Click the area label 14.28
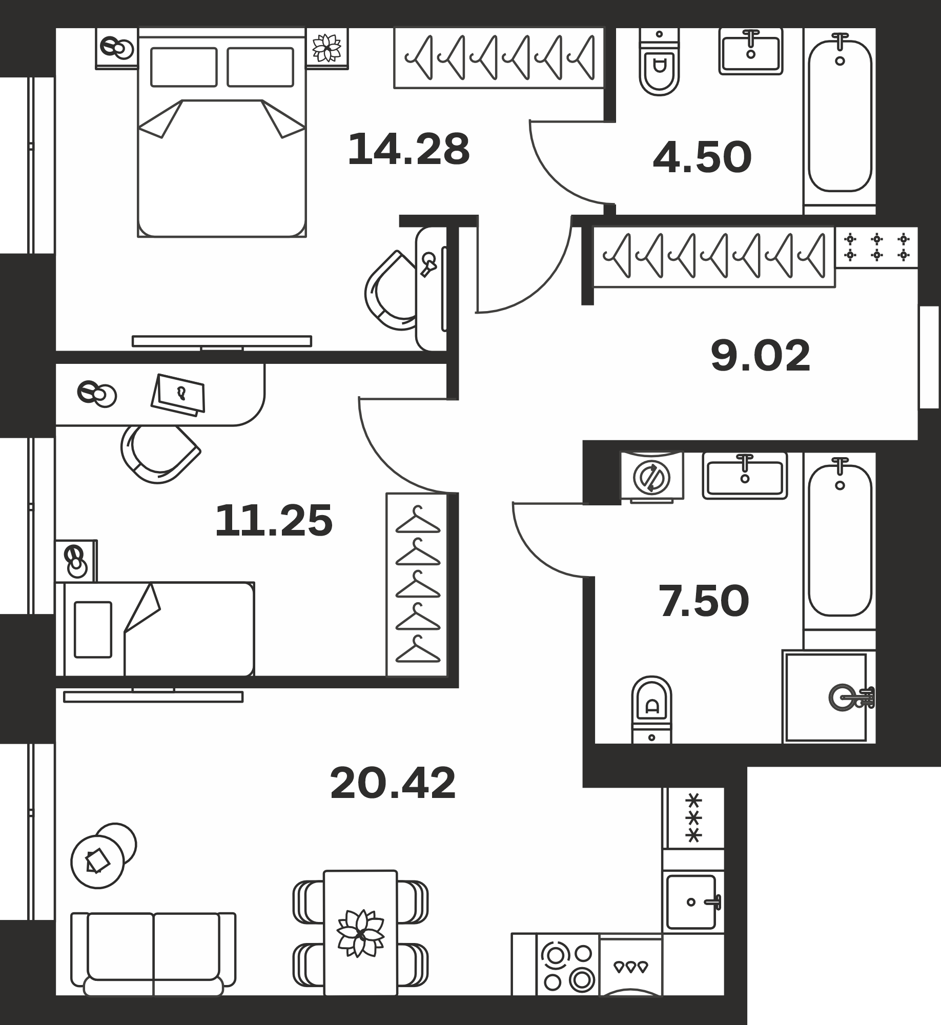408,149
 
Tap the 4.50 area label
702,157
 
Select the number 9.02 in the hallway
761,356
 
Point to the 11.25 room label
274,521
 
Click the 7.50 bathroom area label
704,601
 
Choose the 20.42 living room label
393,783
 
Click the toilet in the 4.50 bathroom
659,62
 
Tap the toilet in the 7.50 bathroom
651,709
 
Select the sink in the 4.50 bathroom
751,51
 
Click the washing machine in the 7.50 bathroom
651,476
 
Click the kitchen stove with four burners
568,967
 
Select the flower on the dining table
360,933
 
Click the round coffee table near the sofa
98,862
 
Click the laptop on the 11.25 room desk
178,395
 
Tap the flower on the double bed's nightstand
327,48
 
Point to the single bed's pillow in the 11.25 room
93,629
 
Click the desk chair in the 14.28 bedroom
391,291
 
